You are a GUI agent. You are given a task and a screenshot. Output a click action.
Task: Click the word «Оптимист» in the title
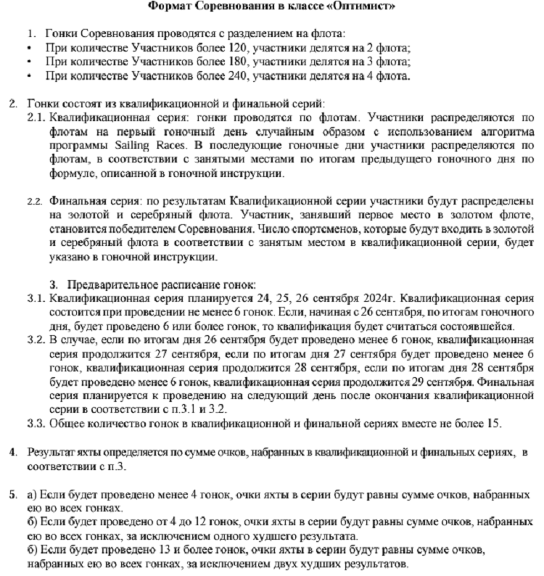coord(370,7)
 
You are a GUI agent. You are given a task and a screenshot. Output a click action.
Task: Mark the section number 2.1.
coord(36,118)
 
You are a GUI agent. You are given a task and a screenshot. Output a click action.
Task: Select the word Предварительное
coord(112,282)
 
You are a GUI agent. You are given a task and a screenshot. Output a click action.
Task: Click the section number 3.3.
coord(36,423)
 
